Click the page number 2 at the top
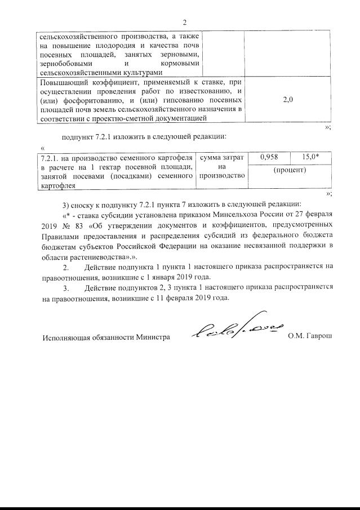(x=184, y=23)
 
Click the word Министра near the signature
(x=152, y=337)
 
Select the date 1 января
(x=164, y=277)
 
